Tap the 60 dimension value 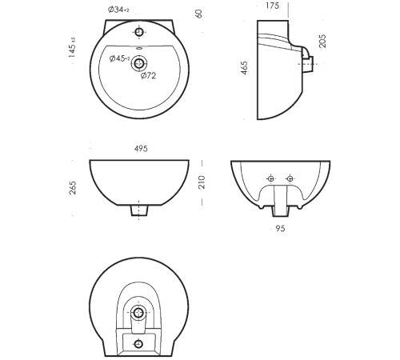coord(199,14)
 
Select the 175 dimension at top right coord(272,6)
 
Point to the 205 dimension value coord(322,41)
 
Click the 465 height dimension coord(244,68)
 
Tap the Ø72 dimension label coord(148,76)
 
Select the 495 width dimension coord(141,149)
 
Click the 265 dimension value coord(73,188)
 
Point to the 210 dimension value coord(202,182)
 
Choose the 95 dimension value coord(280,229)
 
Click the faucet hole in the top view coord(138,32)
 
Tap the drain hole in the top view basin coord(138,63)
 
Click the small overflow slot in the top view coord(139,49)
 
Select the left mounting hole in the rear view coord(271,178)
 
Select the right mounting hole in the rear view coord(290,178)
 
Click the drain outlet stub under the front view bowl coord(139,210)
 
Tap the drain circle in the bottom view coord(138,312)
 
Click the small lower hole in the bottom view coord(138,344)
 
